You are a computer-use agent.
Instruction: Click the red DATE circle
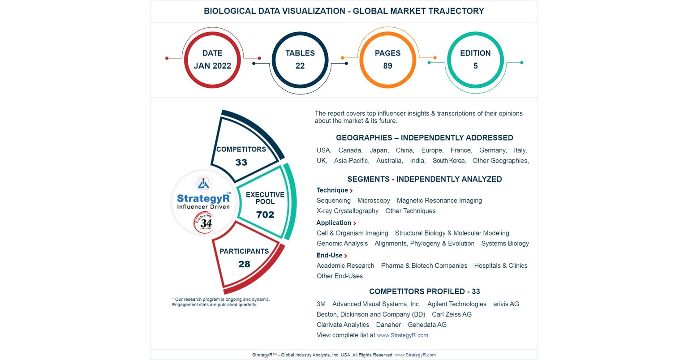[x=212, y=60]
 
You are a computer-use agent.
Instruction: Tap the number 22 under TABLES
[x=300, y=66]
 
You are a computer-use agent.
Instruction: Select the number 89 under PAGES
[x=388, y=66]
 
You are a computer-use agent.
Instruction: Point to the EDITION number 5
[x=476, y=66]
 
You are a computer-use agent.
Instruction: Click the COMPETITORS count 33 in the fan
[x=241, y=163]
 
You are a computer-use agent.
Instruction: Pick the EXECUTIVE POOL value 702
[x=265, y=215]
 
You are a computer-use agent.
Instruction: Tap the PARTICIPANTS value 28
[x=244, y=264]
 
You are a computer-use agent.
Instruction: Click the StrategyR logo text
[x=203, y=198]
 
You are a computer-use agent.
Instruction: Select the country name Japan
[x=379, y=150]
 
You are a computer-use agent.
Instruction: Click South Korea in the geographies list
[x=449, y=161]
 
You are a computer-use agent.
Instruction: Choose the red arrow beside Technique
[x=352, y=191]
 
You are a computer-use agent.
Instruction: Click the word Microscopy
[x=374, y=201]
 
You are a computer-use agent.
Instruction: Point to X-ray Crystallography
[x=348, y=211]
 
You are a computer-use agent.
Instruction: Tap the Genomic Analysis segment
[x=342, y=244]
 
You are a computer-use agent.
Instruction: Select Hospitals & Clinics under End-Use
[x=501, y=266]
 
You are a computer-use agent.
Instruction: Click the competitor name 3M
[x=321, y=304]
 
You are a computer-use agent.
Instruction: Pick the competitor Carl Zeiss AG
[x=451, y=314]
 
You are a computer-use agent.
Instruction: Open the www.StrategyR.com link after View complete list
[x=402, y=335]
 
